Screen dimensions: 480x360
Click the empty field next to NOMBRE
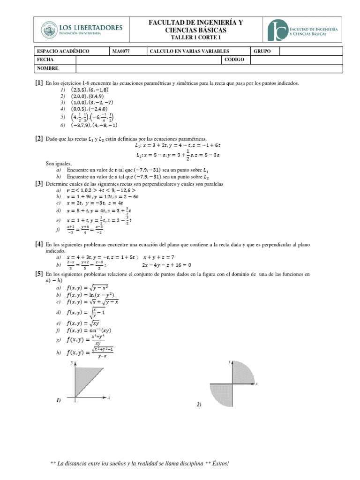(x=206, y=68)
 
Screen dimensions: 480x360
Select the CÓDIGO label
(x=235, y=60)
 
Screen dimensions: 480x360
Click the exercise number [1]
(x=38, y=83)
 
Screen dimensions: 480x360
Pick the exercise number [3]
(x=38, y=184)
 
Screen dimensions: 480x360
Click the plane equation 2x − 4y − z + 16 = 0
(x=177, y=264)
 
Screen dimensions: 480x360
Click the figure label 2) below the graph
(x=199, y=404)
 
